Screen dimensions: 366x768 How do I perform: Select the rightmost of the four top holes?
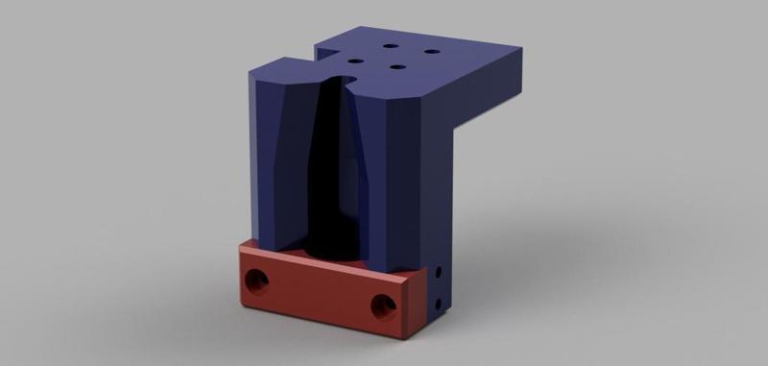431,52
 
